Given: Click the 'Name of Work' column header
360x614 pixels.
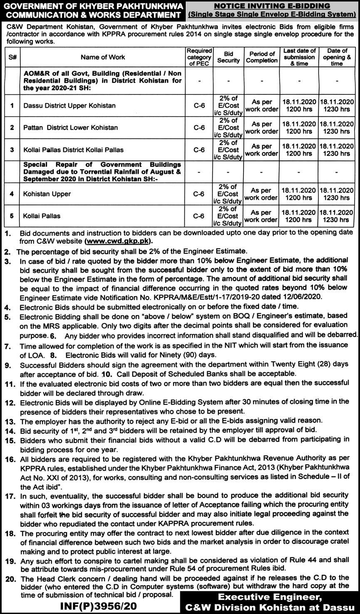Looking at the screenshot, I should click(x=103, y=57).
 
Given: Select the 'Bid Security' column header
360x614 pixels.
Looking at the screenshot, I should click(x=228, y=57).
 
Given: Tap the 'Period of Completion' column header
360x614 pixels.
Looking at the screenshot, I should click(x=261, y=57).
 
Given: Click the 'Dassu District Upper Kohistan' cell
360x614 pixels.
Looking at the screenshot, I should click(x=70, y=106).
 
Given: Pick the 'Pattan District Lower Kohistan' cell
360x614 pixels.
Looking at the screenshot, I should click(x=70, y=128).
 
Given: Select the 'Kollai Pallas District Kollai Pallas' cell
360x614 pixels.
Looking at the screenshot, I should click(x=73, y=150).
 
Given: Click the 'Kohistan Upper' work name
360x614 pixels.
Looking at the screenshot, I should click(x=47, y=194).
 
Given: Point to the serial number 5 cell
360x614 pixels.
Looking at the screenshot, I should click(x=12, y=216).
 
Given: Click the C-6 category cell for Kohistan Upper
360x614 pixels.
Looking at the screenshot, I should click(x=199, y=194).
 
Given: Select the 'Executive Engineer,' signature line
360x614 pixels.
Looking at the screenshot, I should click(x=271, y=597).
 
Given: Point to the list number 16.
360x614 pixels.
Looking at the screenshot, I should click(x=10, y=460).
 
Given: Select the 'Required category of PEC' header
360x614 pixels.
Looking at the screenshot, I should click(x=199, y=57).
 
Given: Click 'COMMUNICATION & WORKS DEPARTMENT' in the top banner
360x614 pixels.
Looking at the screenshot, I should click(x=91, y=15).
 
